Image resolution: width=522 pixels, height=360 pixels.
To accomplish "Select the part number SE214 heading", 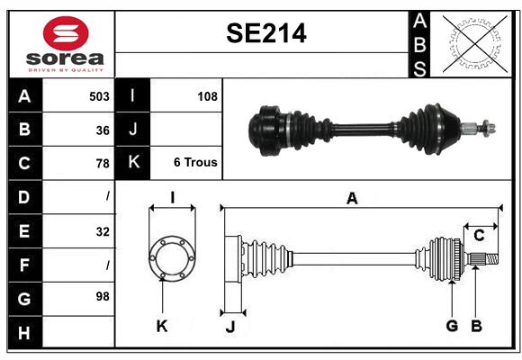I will click(265, 34).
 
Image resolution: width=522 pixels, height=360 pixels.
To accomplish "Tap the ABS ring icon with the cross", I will click(473, 43).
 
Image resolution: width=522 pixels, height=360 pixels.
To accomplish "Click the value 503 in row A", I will click(98, 96).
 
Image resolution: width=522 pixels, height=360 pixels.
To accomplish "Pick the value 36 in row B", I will click(102, 130).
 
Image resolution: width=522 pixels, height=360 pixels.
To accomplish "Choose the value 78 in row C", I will click(102, 163).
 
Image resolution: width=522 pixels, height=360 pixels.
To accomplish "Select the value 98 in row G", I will click(100, 296).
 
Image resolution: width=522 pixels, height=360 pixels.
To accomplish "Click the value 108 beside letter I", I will click(206, 96).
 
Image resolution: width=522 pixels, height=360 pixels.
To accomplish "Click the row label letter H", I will click(23, 333).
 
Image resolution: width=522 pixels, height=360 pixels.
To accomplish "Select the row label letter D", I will click(23, 196).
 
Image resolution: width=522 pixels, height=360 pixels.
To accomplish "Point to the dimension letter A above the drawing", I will click(352, 199).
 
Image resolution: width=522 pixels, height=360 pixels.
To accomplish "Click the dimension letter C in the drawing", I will click(479, 235).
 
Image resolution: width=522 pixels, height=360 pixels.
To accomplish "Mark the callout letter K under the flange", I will click(162, 327).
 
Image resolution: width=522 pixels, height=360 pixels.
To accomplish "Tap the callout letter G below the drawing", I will click(452, 326).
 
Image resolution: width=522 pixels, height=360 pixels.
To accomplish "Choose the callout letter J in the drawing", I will click(229, 327).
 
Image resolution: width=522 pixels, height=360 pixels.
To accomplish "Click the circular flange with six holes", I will click(171, 258).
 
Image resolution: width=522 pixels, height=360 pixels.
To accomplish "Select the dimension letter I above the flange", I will click(171, 197).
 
